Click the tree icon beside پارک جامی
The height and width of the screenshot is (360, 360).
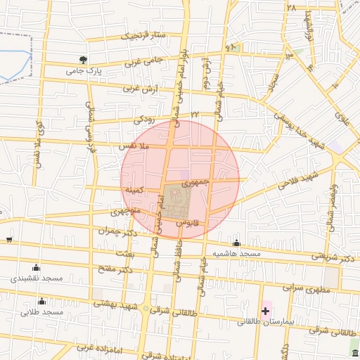[84, 60]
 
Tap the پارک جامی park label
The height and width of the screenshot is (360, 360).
[84, 71]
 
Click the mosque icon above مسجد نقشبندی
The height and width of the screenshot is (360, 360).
[37, 267]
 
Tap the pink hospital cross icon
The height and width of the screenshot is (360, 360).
[266, 310]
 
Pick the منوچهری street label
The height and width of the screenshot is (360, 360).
[127, 210]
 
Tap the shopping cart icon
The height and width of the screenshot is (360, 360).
[8, 240]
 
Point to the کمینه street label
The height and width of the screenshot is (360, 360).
[134, 190]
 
